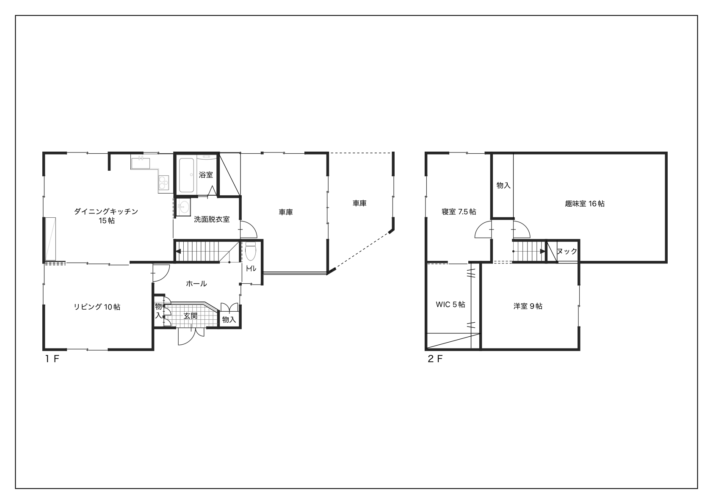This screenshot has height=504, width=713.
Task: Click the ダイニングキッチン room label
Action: pyautogui.click(x=106, y=211)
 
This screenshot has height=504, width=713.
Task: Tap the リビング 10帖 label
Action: pyautogui.click(x=97, y=307)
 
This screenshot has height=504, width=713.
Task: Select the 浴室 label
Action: pyautogui.click(x=206, y=175)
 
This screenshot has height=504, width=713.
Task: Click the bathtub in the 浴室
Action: pyautogui.click(x=187, y=175)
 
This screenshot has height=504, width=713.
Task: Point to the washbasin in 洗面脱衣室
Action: pyautogui.click(x=182, y=207)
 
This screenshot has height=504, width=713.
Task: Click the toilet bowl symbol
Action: pyautogui.click(x=251, y=252)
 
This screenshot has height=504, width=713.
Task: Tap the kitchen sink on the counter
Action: pyautogui.click(x=140, y=163)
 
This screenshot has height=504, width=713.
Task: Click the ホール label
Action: pyautogui.click(x=196, y=284)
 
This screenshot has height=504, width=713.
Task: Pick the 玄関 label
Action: pyautogui.click(x=191, y=316)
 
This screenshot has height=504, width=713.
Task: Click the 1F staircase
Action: pyautogui.click(x=207, y=252)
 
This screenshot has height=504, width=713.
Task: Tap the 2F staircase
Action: pyautogui.click(x=529, y=252)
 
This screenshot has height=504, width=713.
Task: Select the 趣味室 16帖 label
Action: pyautogui.click(x=585, y=204)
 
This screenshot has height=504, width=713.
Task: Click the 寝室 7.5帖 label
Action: pyautogui.click(x=459, y=212)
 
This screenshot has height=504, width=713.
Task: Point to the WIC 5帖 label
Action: pyautogui.click(x=450, y=305)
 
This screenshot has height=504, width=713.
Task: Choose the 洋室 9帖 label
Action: pyautogui.click(x=528, y=306)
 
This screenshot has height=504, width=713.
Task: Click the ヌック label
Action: pyautogui.click(x=567, y=251)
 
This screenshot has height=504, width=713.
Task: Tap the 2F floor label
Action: pyautogui.click(x=435, y=359)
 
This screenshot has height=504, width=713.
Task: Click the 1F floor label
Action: pyautogui.click(x=52, y=359)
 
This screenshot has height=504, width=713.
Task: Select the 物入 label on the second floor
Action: pyautogui.click(x=503, y=186)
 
